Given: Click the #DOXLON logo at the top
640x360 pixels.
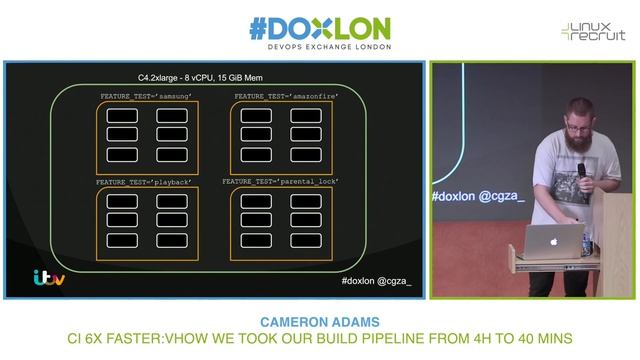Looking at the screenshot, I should (x=319, y=28).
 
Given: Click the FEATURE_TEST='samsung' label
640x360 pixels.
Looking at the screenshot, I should (x=145, y=96).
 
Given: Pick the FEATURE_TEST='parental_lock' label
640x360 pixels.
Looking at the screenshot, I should (x=281, y=182).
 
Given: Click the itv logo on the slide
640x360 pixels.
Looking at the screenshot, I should (x=49, y=277).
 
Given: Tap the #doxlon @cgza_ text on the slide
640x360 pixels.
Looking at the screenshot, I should (x=376, y=281).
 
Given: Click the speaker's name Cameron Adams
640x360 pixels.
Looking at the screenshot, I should (x=319, y=323).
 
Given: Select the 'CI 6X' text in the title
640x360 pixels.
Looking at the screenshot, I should (x=87, y=339).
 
